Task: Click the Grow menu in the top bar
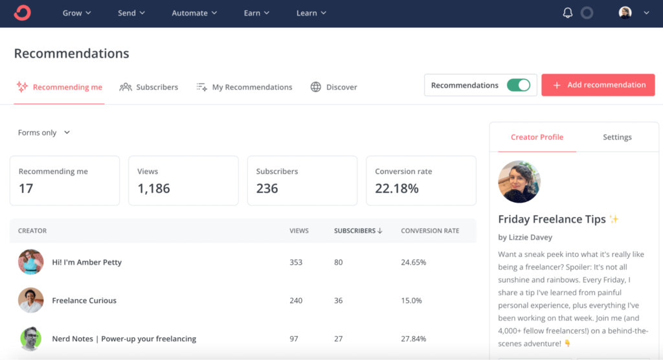point(76,13)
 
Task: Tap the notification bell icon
point(567,13)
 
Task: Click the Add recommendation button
point(598,85)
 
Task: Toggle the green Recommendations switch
point(518,85)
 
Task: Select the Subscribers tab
point(149,87)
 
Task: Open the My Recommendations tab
point(245,87)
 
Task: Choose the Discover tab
point(334,87)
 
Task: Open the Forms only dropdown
point(44,133)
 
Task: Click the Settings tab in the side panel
point(617,137)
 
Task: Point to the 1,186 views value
point(153,188)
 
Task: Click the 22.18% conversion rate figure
point(396,188)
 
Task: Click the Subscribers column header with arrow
point(358,231)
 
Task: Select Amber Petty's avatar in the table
point(31,262)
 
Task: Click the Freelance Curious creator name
point(84,300)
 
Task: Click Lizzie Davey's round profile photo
point(519,182)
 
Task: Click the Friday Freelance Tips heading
point(552,219)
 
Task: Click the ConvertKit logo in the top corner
point(22,13)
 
